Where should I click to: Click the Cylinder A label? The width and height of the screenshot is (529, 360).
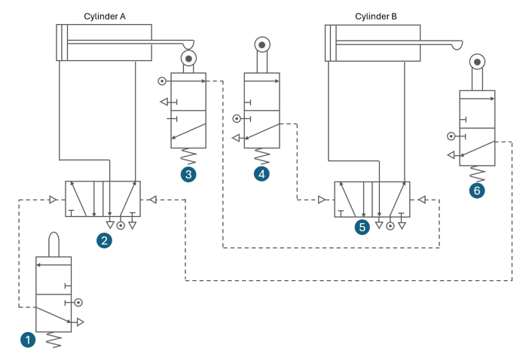click(x=104, y=16)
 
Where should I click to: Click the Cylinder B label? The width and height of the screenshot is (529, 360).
click(x=376, y=16)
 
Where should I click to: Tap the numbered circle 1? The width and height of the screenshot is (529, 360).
click(x=28, y=340)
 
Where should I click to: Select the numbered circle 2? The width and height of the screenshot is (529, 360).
click(x=104, y=240)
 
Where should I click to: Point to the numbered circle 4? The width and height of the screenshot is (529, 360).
click(x=261, y=175)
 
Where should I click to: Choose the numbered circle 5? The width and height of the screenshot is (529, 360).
click(x=363, y=225)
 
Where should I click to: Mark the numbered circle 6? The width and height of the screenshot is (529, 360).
click(x=476, y=191)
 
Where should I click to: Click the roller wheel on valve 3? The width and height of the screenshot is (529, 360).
click(x=188, y=58)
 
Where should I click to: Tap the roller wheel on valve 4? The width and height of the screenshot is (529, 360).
click(x=261, y=45)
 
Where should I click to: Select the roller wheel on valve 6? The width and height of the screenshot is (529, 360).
click(x=477, y=62)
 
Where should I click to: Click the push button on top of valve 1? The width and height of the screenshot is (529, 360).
click(x=54, y=245)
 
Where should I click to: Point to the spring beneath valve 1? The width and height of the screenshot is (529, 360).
click(x=54, y=340)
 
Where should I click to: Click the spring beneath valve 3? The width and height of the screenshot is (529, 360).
click(x=188, y=157)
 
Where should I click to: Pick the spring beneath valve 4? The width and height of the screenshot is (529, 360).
click(x=261, y=157)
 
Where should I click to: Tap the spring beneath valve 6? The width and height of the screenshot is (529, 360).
click(x=477, y=174)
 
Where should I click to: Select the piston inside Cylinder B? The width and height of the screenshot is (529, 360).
click(x=332, y=43)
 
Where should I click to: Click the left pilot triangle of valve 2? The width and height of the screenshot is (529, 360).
click(x=53, y=200)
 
